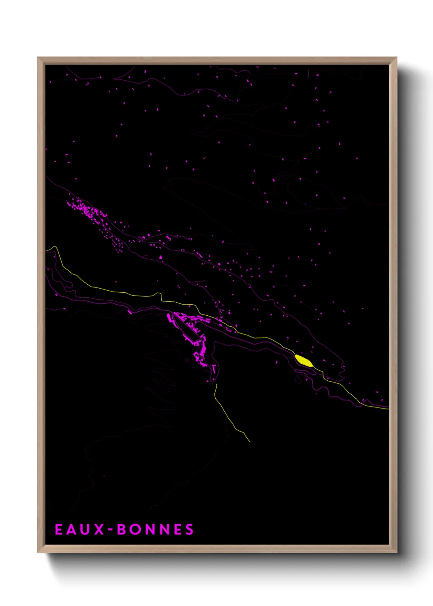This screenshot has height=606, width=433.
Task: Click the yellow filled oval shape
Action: coord(304,361)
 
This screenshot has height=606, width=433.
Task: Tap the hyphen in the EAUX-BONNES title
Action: coord(111,530)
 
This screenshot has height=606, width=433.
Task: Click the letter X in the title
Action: coord(98,529)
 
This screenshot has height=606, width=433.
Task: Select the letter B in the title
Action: coord(122,529)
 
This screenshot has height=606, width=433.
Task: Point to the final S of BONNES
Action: coord(189,529)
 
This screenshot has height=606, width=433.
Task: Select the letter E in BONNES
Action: coord(177,529)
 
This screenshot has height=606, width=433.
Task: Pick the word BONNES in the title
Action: coord(156,529)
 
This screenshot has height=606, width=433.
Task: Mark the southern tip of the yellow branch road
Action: coord(250,442)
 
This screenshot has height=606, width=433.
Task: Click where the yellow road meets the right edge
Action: coord(388,409)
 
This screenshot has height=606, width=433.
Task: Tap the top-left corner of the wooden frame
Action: coord(38,58)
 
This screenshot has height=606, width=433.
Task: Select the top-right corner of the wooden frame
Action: coord(396,58)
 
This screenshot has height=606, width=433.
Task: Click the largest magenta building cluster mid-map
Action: coord(190,332)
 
